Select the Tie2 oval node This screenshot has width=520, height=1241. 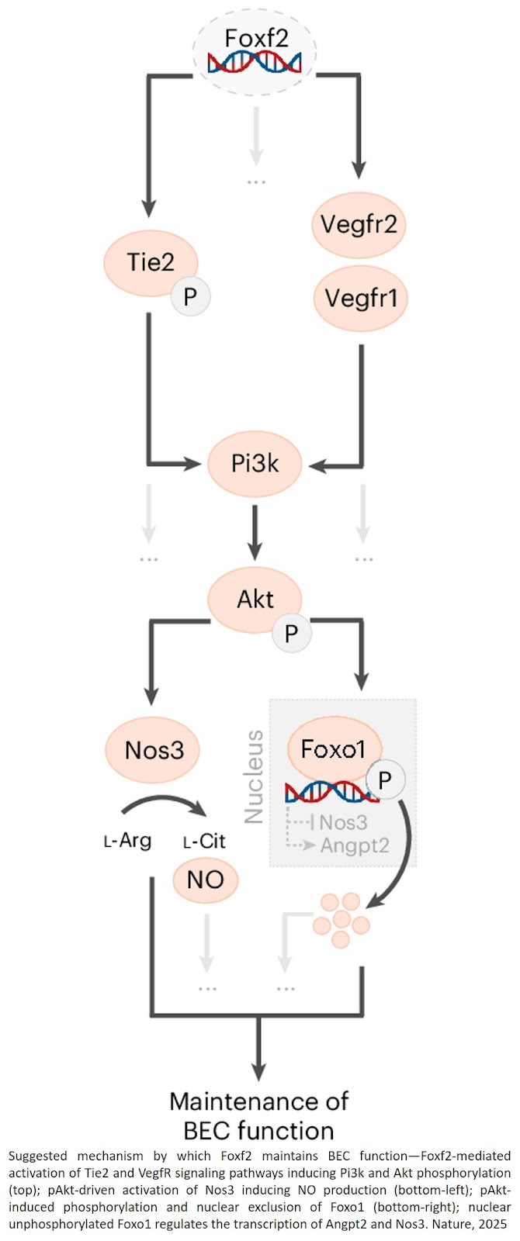click(150, 262)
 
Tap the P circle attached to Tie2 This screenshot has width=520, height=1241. click(190, 296)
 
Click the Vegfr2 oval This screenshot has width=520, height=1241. click(359, 225)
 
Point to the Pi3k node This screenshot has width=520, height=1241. click(255, 464)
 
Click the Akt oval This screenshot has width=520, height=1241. click(255, 599)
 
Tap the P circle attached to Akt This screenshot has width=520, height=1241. click(291, 634)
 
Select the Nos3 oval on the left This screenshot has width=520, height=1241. click(154, 750)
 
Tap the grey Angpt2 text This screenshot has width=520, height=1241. click(354, 845)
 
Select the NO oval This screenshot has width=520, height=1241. click(205, 880)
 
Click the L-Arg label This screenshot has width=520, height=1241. click(127, 841)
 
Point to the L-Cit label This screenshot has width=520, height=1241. click(203, 841)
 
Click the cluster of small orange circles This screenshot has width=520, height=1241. click(341, 918)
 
